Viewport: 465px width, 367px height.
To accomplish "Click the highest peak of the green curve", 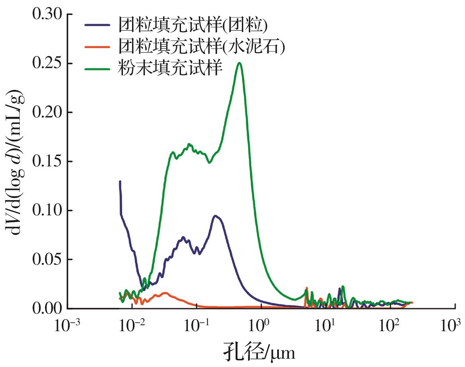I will (x=239, y=63).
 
